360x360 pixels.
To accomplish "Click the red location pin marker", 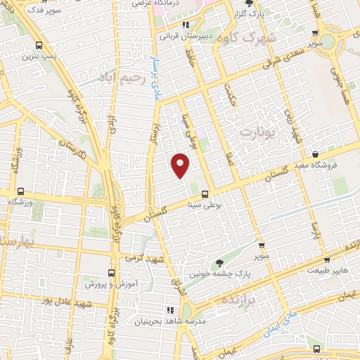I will click(181, 165).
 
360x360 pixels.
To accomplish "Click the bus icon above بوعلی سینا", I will click(205, 193).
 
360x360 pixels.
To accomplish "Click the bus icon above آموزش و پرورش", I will click(110, 273).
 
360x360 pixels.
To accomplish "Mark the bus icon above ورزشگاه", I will click(21, 191).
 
